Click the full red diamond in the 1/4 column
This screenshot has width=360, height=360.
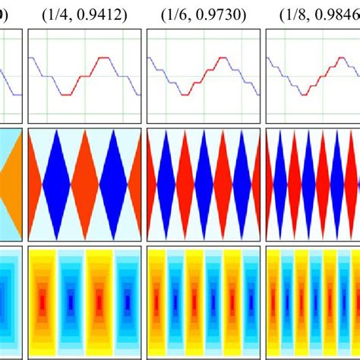pyautogui.click(x=84, y=185)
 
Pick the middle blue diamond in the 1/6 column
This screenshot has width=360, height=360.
pyautogui.click(x=203, y=185)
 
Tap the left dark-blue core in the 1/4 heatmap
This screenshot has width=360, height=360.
pyautogui.click(x=71, y=304)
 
